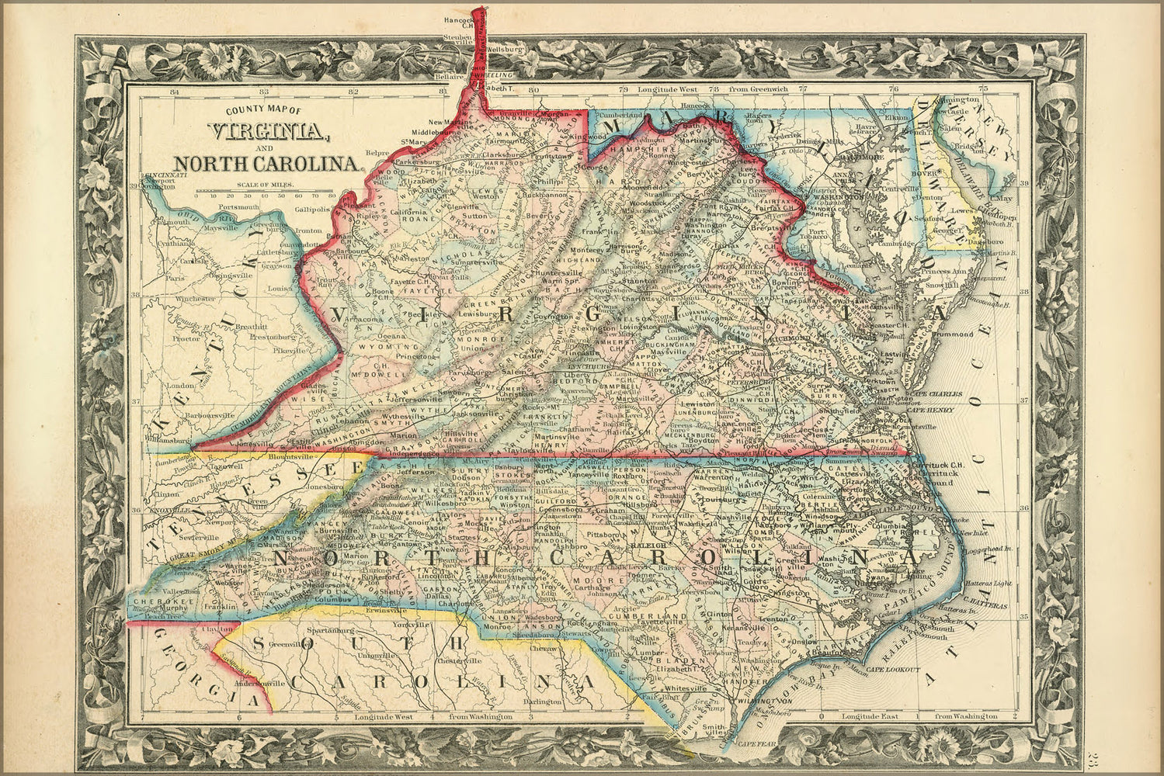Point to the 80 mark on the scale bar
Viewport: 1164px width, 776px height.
click(332, 196)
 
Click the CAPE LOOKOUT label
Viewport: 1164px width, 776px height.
click(893, 669)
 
